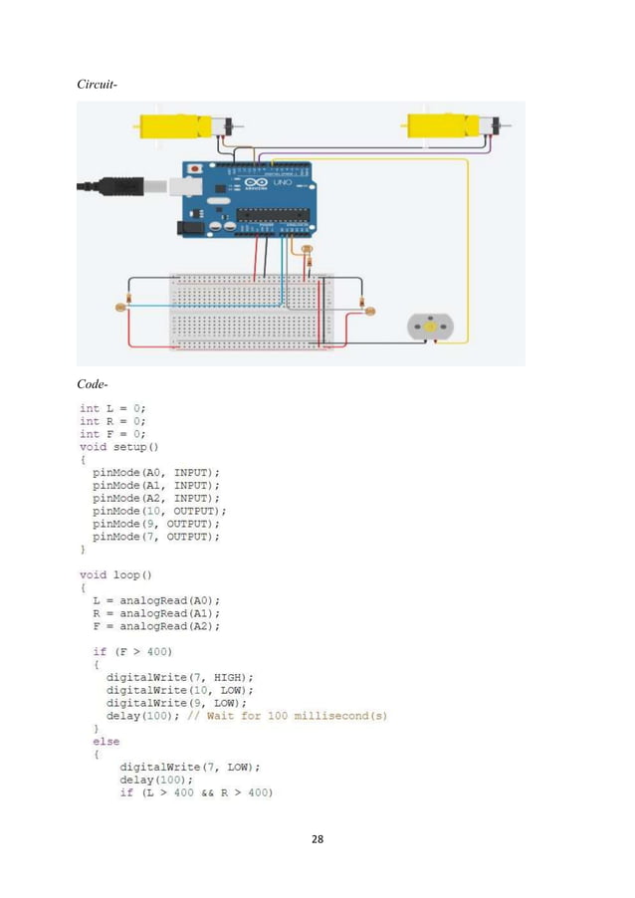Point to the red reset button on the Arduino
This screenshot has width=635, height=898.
(195, 168)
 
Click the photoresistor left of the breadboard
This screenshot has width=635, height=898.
(120, 308)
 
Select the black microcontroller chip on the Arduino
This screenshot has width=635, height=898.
(270, 213)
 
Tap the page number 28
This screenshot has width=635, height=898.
(317, 839)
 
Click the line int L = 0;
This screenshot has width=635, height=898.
(113, 408)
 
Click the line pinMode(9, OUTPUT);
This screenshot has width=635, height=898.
(155, 524)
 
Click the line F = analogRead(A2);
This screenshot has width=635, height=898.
(156, 626)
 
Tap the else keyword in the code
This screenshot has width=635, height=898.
(106, 742)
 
